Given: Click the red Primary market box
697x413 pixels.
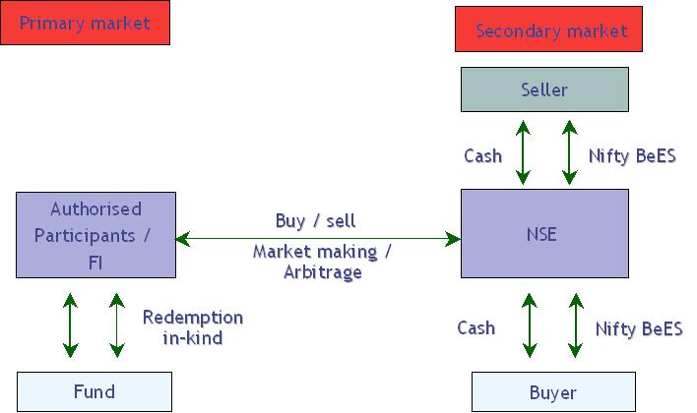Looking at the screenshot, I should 85,23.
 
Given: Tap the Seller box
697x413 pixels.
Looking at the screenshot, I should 544,89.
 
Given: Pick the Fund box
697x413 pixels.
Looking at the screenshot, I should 94,391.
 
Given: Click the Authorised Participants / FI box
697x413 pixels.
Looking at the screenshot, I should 95,236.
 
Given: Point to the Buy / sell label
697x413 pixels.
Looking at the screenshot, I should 315,219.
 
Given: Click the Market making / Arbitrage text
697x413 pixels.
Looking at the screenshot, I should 322,262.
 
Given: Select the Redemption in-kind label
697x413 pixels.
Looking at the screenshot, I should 193,327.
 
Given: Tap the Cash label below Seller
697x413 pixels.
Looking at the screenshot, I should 482,155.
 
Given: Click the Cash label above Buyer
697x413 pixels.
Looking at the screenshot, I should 476,327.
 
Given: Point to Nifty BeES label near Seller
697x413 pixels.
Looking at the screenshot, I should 632,155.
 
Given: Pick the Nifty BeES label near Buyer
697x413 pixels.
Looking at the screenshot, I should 639,327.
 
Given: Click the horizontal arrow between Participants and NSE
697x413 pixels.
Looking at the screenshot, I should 317,238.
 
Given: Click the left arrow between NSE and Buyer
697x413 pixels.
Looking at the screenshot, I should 530,323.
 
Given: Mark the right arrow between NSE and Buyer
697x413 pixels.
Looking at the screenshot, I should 576,323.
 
